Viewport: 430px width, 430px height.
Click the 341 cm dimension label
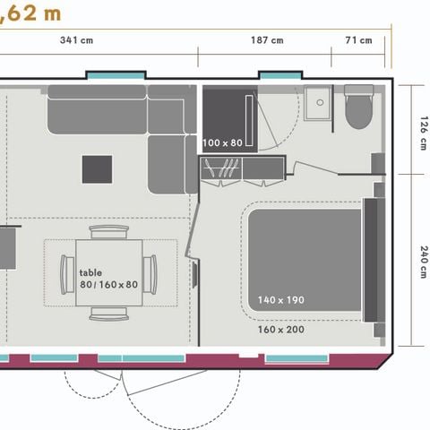[x=76, y=40]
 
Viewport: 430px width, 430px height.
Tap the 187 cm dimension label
[x=267, y=40]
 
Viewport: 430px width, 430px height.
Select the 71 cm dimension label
[x=358, y=40]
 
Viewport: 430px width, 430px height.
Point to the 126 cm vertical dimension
[x=424, y=133]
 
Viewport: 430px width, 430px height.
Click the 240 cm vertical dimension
[x=424, y=262]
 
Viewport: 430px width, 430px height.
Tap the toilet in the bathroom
[x=358, y=107]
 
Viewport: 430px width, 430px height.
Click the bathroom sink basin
[x=318, y=103]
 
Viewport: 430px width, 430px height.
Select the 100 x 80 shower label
[x=222, y=142]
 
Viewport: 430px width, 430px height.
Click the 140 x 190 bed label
[x=281, y=300]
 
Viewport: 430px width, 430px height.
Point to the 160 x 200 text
[x=281, y=330]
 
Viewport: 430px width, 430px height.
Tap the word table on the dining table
[x=90, y=272]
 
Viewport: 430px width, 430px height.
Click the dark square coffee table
[x=98, y=169]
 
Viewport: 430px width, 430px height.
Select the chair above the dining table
[x=109, y=232]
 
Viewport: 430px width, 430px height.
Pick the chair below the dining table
[x=109, y=314]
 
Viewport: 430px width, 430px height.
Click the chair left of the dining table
[x=67, y=275]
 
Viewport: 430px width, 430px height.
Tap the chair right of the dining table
[x=150, y=275]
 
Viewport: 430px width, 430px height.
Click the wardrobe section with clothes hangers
[x=220, y=168]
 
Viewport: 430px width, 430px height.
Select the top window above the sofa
[x=116, y=75]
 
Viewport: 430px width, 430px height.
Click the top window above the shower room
[x=280, y=75]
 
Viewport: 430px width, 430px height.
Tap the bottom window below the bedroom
[x=297, y=358]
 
